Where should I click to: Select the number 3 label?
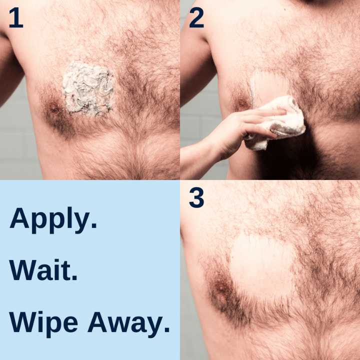click(x=196, y=198)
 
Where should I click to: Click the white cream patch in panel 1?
click(x=88, y=88)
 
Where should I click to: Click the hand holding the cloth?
click(x=250, y=127)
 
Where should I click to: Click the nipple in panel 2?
click(x=242, y=103)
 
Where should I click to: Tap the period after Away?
click(x=166, y=330)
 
